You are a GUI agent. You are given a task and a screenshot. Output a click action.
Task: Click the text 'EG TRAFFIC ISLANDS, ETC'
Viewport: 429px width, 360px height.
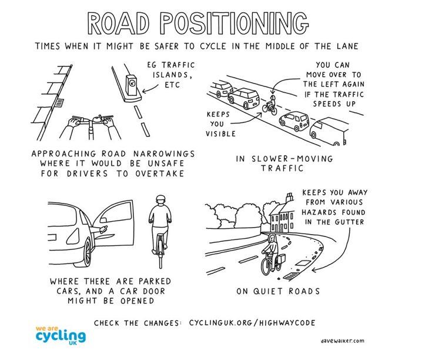pos(172,74)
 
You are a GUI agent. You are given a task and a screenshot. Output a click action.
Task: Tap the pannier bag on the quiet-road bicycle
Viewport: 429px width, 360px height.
pos(280,259)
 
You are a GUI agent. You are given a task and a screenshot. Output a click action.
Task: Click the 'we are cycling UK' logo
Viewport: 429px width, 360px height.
pos(61,335)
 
